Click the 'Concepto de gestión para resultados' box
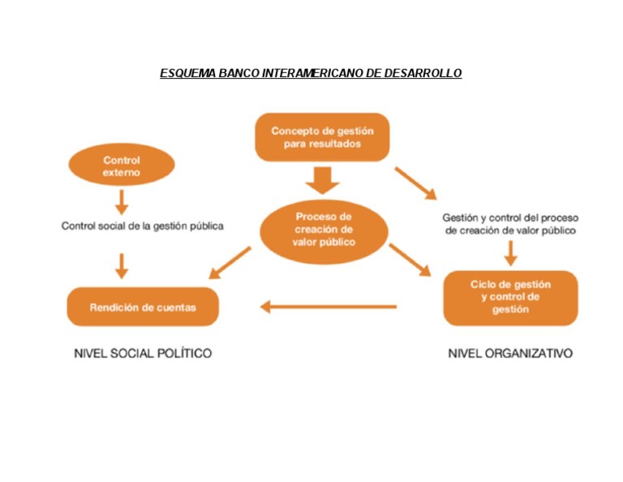322,136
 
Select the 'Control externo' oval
122,166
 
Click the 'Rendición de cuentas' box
143,307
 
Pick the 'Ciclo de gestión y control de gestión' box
510,297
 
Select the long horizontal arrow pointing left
328,307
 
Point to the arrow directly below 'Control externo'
122,201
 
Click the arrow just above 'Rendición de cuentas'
122,265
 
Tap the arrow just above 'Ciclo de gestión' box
510,254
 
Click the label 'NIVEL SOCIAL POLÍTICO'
143,354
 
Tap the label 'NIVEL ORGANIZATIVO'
510,354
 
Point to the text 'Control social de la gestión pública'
143,226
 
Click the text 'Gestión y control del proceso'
510,218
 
